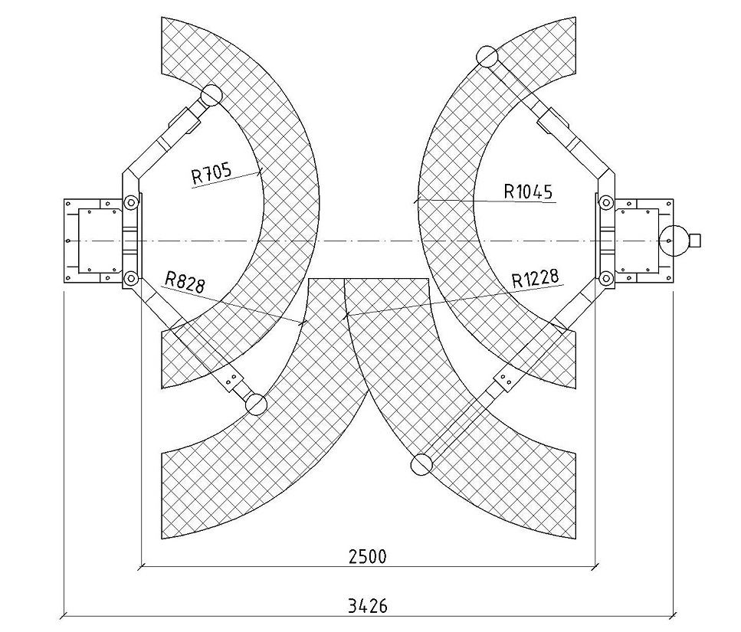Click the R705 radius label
[x=211, y=173]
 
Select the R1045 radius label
[x=528, y=192]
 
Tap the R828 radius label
[x=185, y=282]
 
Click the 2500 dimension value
[x=368, y=557]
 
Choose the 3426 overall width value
[x=368, y=605]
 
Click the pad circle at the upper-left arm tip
[x=211, y=95]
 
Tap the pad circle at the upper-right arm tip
[x=487, y=57]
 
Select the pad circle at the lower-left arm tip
[x=256, y=404]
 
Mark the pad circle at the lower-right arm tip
[x=421, y=464]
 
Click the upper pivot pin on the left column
[x=130, y=203]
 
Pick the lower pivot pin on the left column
[x=130, y=278]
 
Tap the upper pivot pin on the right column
[x=605, y=203]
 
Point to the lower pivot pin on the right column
[x=605, y=278]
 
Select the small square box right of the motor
[x=694, y=240]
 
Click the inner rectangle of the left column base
[x=98, y=241]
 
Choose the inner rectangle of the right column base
[x=637, y=241]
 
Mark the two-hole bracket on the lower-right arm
[x=504, y=379]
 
